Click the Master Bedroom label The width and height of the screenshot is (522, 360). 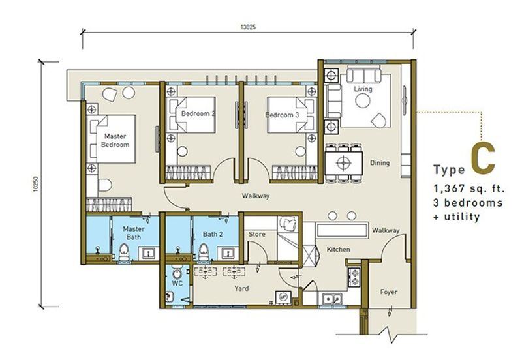(x=115, y=140)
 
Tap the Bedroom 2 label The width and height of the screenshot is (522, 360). (x=198, y=113)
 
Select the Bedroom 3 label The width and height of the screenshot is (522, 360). (x=283, y=115)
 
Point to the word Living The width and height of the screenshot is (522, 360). (x=363, y=89)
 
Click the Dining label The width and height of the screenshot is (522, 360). (x=380, y=162)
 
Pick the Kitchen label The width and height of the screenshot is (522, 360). (x=338, y=249)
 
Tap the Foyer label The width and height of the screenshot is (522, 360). (x=389, y=292)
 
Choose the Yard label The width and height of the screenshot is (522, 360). (x=241, y=288)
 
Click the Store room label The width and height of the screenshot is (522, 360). (x=257, y=234)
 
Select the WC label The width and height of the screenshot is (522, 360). (x=177, y=284)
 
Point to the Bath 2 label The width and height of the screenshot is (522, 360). (x=213, y=234)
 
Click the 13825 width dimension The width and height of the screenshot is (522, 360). (x=248, y=27)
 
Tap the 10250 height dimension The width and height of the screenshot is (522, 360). (x=36, y=184)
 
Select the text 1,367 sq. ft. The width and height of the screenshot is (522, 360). (x=469, y=188)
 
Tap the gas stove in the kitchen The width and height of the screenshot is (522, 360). (x=354, y=277)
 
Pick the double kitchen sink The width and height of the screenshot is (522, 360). (x=332, y=299)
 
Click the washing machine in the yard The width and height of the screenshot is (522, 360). (x=283, y=297)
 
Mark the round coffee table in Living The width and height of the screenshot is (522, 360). (x=363, y=100)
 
